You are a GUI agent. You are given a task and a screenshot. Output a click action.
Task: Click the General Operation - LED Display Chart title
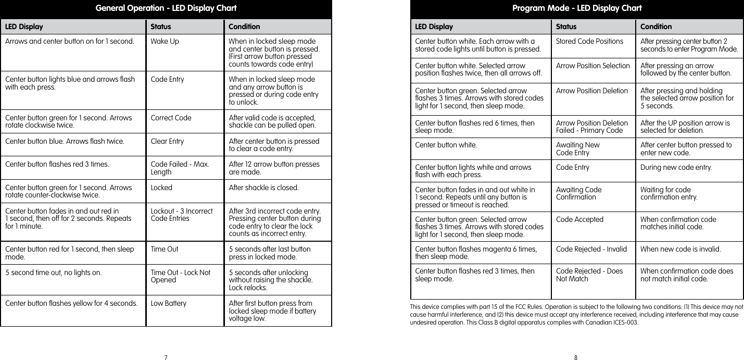click(x=166, y=8)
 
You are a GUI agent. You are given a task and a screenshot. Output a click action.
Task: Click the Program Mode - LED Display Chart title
click(x=576, y=8)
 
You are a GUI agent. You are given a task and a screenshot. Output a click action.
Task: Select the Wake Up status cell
click(x=165, y=41)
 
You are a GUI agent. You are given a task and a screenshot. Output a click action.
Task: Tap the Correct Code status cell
click(x=171, y=118)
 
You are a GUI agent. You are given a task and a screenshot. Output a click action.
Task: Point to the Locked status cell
click(x=161, y=188)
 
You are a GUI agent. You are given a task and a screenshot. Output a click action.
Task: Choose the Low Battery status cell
click(x=168, y=303)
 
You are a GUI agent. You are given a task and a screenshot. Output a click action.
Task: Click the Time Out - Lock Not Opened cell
click(x=180, y=276)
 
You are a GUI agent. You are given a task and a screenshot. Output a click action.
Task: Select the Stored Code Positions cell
click(x=589, y=41)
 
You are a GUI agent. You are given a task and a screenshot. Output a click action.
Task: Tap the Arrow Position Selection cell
click(x=592, y=66)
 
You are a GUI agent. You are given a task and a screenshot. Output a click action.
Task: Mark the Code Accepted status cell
click(x=579, y=219)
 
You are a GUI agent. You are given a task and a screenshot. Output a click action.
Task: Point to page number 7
click(x=166, y=357)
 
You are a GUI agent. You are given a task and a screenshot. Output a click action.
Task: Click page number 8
click(x=576, y=357)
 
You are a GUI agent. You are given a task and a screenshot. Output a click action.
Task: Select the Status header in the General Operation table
click(x=160, y=27)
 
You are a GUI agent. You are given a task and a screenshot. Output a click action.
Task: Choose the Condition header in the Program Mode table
click(x=655, y=27)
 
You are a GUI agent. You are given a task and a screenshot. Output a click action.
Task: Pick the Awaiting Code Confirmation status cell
click(x=578, y=193)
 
